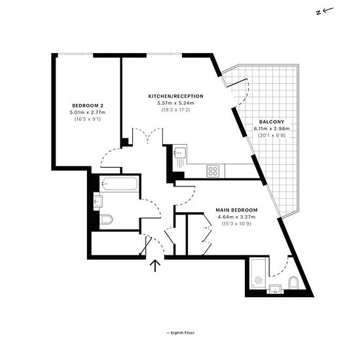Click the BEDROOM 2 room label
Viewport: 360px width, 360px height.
tap(88, 105)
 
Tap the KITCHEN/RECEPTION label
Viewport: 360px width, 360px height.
tap(176, 96)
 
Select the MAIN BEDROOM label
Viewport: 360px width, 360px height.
tap(236, 210)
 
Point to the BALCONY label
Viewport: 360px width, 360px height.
tap(272, 122)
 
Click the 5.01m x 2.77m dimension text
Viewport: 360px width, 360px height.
tap(88, 113)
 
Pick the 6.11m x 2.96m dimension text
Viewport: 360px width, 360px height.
tap(272, 128)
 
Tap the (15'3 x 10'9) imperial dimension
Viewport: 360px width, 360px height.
tap(236, 224)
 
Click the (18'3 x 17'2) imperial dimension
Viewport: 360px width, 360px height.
tap(176, 110)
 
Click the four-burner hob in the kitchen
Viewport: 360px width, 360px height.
tap(213, 171)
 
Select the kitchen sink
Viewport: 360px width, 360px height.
tap(180, 153)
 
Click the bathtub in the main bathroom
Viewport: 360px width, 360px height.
tap(120, 184)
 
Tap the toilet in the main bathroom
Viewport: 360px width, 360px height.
tap(106, 220)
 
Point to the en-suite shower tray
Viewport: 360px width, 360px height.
tap(258, 274)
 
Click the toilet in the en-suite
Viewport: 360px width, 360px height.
tap(293, 282)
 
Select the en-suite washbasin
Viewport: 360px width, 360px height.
tap(275, 289)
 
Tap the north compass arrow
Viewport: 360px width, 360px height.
tap(325, 10)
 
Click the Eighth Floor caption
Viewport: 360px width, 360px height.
tap(181, 333)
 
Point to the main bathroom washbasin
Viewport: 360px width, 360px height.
tap(98, 202)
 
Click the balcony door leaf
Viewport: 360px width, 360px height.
tap(237, 83)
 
